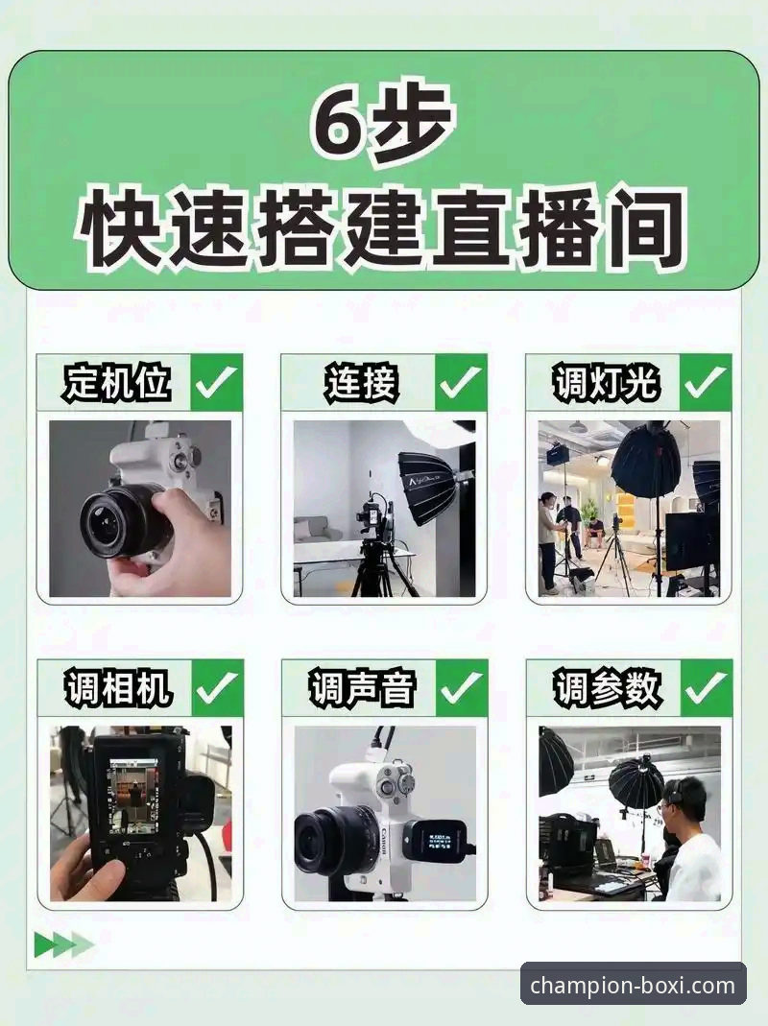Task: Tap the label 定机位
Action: [x=117, y=383]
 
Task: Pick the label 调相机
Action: [x=117, y=688]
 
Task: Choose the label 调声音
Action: [x=361, y=688]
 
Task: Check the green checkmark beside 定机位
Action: [x=217, y=383]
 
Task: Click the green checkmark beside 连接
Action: [x=462, y=383]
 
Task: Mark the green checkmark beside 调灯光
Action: [x=707, y=383]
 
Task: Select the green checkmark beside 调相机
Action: [x=217, y=688]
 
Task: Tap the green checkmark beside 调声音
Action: [x=462, y=688]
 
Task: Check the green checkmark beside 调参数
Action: [x=707, y=688]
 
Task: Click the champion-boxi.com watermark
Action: [x=633, y=985]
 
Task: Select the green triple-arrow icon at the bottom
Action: [x=63, y=945]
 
